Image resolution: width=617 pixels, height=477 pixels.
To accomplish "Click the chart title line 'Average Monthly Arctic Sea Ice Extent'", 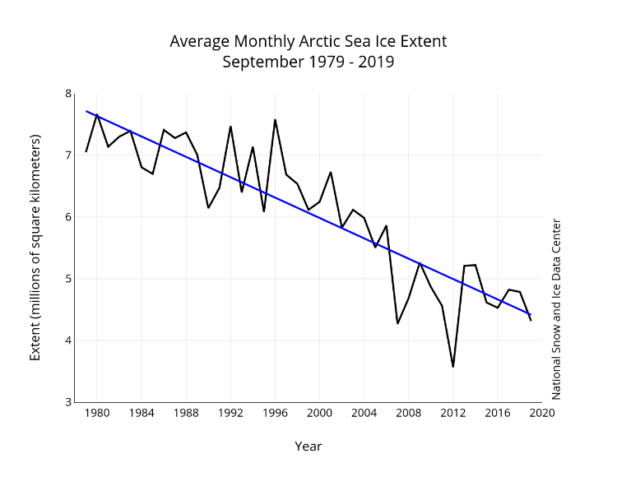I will (308, 41).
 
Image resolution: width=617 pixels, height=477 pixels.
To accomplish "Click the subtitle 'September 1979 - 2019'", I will (308, 62).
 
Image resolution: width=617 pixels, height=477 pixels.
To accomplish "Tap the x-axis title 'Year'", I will (308, 447).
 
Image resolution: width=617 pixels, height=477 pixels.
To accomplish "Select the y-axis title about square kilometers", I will (35, 248).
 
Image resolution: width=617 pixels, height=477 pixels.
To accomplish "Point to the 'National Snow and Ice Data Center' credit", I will (556, 308).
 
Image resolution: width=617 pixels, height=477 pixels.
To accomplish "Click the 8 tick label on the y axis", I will (68, 94).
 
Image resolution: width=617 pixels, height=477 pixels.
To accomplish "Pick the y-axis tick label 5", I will (68, 279).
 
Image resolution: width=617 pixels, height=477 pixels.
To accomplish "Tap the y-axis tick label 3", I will (68, 402).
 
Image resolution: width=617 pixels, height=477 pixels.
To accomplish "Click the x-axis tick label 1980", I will (97, 414).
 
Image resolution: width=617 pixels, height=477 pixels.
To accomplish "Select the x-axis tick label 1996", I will (275, 414).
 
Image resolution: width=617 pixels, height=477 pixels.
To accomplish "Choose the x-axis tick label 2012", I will (452, 414).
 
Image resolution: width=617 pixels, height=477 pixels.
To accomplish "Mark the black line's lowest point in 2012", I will (452, 367).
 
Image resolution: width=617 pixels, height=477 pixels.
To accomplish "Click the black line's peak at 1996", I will (275, 120).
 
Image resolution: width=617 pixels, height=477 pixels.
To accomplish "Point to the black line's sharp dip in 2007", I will (397, 323).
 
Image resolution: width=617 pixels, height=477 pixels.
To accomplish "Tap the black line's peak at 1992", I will (230, 127).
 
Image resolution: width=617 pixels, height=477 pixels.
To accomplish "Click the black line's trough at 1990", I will (208, 207).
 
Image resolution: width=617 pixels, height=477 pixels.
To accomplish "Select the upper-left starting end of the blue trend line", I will (86, 111).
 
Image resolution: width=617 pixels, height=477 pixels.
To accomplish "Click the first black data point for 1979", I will (86, 151).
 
